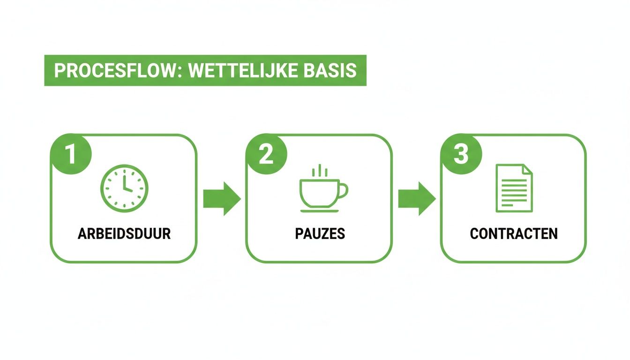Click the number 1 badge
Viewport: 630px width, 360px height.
71,154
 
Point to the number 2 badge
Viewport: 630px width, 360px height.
266,154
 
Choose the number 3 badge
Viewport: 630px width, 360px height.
461,154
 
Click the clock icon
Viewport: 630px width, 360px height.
124,187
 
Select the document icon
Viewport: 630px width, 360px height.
514,187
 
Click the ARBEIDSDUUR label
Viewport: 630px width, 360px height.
124,233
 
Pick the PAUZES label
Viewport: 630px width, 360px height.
320,233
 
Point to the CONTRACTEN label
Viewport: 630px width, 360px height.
514,233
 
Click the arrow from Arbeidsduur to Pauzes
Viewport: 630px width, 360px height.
222,199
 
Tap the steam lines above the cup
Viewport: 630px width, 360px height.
320,171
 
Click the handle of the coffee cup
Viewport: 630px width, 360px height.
343,191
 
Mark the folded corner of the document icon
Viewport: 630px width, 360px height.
527,169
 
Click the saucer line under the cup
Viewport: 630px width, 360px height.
320,211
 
